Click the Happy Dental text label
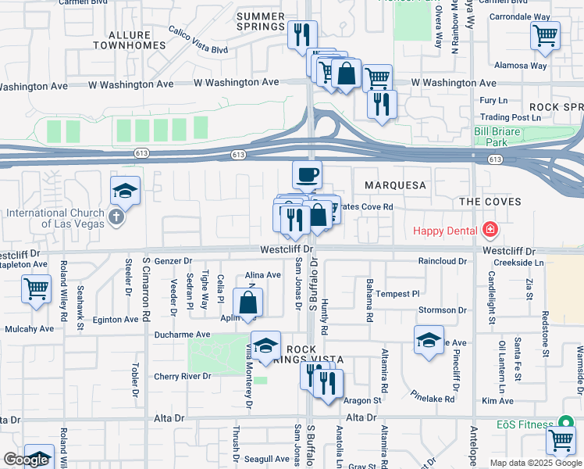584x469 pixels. click(447, 231)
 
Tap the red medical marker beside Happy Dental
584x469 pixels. click(490, 230)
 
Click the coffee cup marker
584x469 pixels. click(307, 174)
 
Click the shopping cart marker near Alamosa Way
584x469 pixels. click(544, 34)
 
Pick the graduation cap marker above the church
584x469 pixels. click(124, 191)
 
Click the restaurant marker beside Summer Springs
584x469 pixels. click(301, 34)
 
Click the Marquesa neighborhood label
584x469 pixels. click(394, 185)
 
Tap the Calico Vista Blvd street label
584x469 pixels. click(198, 40)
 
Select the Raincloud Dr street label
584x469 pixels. click(442, 261)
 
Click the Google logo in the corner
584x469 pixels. click(26, 460)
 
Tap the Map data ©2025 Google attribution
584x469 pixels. click(536, 463)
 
